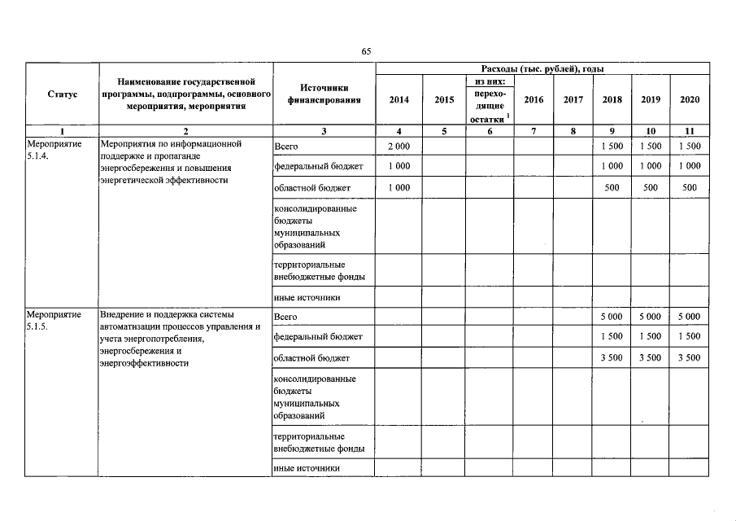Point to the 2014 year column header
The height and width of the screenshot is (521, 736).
(398, 100)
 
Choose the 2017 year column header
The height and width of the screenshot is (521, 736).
(573, 100)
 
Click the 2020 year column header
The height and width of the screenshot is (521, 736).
(689, 100)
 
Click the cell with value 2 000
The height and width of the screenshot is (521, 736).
(398, 145)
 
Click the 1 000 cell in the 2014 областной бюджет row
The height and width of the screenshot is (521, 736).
(398, 187)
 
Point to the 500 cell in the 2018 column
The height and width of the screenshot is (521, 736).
(612, 187)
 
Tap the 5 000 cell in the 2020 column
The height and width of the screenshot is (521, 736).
(689, 316)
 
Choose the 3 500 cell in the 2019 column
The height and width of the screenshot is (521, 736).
(650, 357)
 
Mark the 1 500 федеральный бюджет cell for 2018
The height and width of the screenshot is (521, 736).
(612, 336)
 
